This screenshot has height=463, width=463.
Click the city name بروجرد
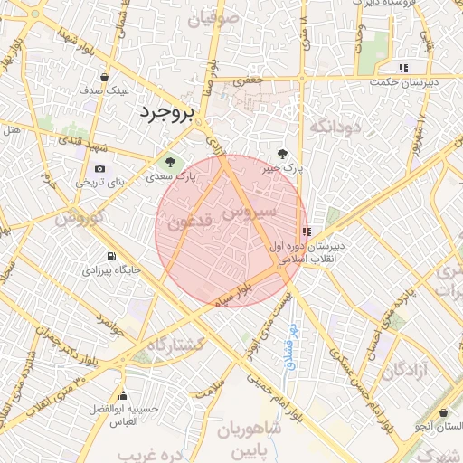(x=168, y=113)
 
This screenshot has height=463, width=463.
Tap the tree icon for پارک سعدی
(x=167, y=162)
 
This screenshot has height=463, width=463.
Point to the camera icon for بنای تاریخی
(x=99, y=168)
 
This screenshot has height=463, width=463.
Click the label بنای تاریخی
(x=95, y=182)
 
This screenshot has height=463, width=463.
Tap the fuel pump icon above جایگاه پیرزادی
(x=111, y=256)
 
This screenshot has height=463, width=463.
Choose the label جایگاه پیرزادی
(x=111, y=269)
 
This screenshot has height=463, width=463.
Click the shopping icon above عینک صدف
(x=105, y=77)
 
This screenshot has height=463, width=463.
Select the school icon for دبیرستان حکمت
(x=403, y=68)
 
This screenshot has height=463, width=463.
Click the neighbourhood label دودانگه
(x=335, y=127)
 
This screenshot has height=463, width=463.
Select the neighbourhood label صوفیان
(x=213, y=16)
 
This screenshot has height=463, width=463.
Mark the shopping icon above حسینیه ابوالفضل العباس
(x=136, y=395)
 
